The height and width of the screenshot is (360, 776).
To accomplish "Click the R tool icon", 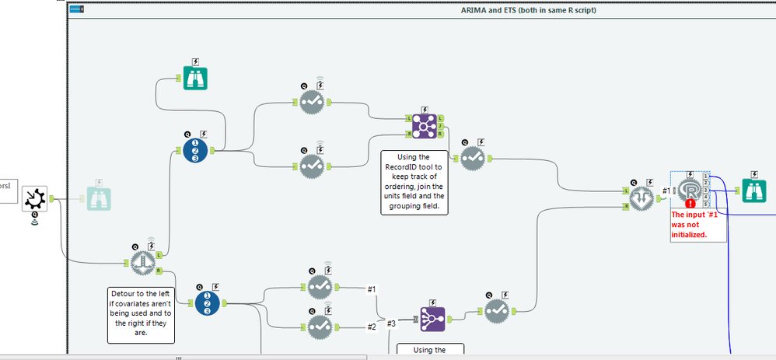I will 688,190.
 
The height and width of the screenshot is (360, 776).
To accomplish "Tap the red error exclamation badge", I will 690,204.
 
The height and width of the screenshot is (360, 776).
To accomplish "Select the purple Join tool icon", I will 425,126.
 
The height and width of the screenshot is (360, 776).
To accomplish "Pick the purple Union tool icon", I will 432,316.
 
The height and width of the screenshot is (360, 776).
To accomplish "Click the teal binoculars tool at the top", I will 195,78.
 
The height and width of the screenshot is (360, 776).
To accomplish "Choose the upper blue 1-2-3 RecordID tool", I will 198,150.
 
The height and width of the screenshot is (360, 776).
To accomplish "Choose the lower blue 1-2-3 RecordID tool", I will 207,302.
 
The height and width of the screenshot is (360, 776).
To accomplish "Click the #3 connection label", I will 390,323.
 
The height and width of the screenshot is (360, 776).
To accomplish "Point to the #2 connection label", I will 372,327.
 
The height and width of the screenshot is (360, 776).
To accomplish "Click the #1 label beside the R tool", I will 666,190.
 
